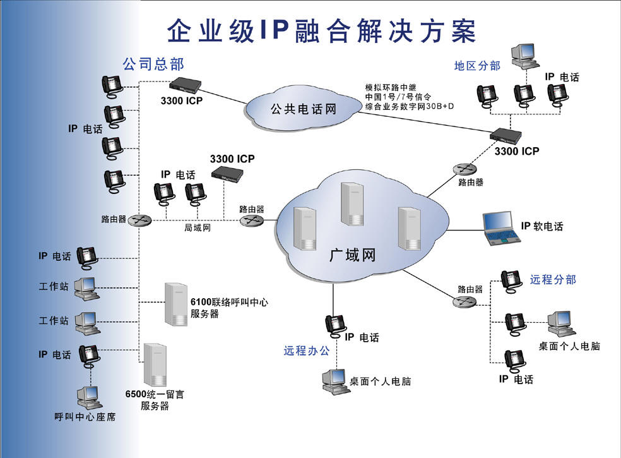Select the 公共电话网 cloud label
pos(304,109)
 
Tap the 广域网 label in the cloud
pos(353,256)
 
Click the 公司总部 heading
pos(153,64)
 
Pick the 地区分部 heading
pos(477,66)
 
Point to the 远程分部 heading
pos(553,279)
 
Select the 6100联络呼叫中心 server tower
pos(176,304)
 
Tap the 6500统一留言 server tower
pos(155,365)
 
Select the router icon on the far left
pos(139,220)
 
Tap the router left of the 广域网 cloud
pos(251,220)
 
